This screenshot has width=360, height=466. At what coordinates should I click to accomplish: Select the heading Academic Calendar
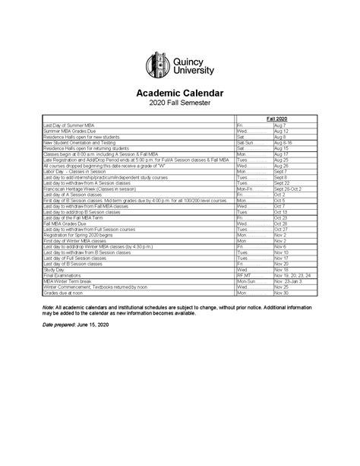[179, 92]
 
